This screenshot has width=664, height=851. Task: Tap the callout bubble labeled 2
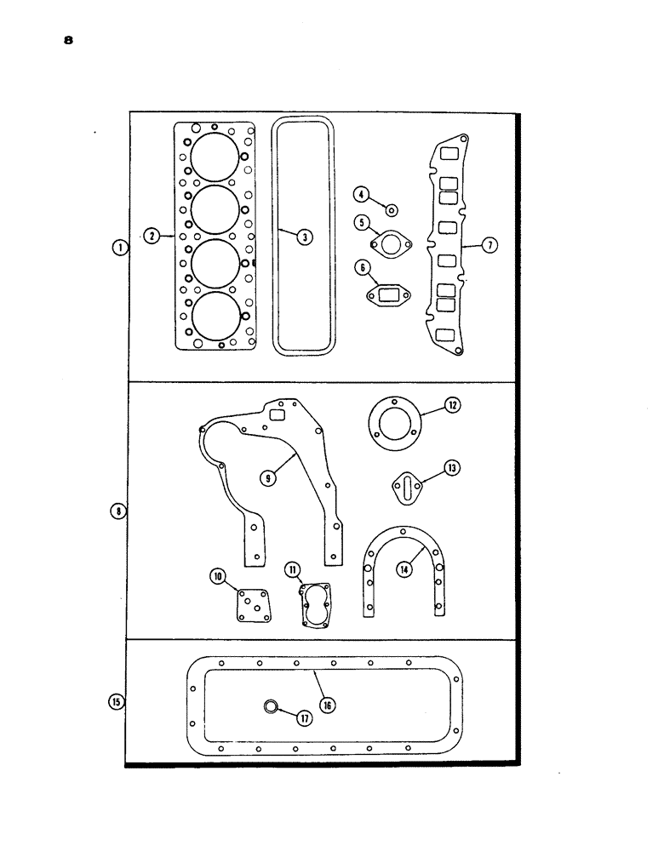151,236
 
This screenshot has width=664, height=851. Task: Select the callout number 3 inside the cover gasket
302,237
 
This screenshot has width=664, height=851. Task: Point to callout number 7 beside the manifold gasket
489,245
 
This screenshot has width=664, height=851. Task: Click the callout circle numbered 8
117,511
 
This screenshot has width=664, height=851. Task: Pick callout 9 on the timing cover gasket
269,479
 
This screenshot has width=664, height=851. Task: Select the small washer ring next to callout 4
391,209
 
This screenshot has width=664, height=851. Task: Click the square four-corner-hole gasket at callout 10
251,606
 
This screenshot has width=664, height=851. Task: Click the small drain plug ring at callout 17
270,705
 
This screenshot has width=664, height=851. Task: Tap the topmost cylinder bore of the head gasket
213,157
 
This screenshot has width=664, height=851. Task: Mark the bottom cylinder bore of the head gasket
215,316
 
